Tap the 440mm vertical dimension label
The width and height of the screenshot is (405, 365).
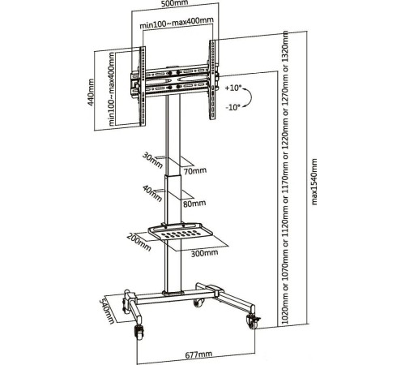[91, 92]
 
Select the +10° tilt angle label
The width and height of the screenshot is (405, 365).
[233, 88]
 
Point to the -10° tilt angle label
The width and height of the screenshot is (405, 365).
[233, 107]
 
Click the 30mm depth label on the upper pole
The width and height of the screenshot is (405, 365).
[152, 161]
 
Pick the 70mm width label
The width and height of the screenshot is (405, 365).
[195, 170]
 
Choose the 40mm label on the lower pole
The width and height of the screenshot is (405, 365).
[152, 194]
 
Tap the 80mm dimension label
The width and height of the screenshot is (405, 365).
[194, 204]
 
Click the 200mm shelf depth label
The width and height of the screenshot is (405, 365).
[139, 242]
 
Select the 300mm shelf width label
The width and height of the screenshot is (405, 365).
[204, 253]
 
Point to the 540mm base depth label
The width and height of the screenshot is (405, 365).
[108, 311]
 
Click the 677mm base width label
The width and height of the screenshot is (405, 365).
[198, 354]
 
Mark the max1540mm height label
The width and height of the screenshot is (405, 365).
[314, 182]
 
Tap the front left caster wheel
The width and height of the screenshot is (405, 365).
[139, 332]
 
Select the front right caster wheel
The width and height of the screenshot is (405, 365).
[253, 323]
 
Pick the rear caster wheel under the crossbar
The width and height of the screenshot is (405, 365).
[199, 303]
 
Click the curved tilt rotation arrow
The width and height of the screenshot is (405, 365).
[249, 97]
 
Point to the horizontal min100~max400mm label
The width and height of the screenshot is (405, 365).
[177, 23]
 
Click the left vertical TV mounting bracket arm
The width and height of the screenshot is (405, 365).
[142, 86]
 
